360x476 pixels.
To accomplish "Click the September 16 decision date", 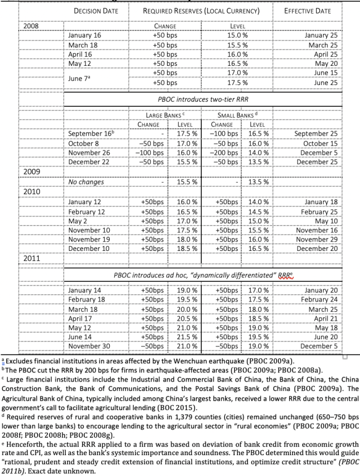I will click(91, 134).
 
